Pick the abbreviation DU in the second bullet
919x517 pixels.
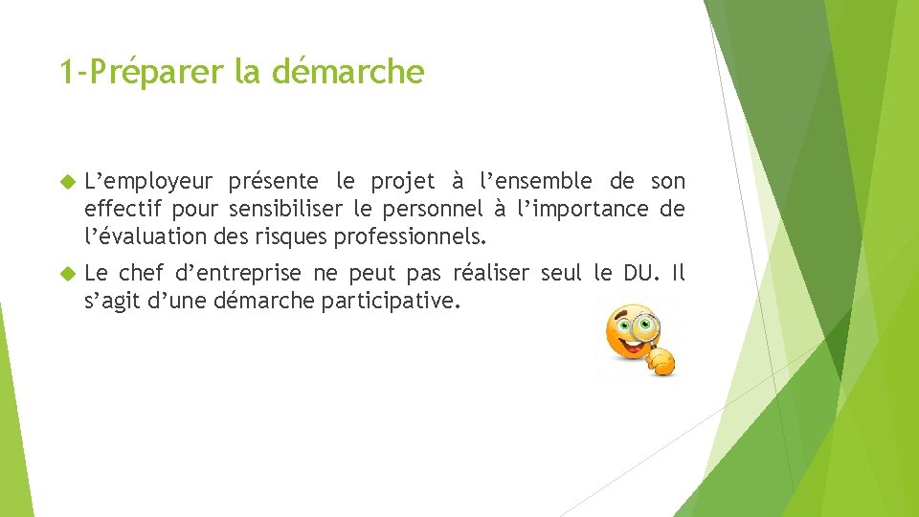(x=637, y=274)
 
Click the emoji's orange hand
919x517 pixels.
(x=661, y=361)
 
